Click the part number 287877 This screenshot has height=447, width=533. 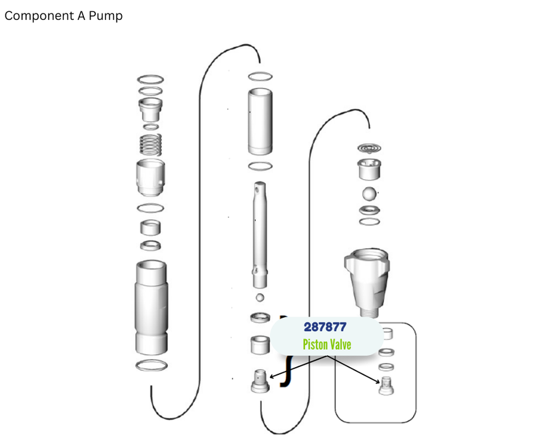(325, 327)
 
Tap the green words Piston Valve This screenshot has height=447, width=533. (327, 344)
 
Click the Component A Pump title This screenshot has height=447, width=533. (63, 16)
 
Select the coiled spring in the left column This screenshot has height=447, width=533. (151, 145)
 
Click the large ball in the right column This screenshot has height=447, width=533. (369, 194)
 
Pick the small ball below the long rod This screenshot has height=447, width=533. (260, 297)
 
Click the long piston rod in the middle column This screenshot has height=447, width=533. (260, 235)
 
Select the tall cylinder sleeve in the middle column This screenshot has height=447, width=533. (260, 121)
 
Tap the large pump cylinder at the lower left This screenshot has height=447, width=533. (151, 308)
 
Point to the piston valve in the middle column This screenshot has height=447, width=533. (260, 382)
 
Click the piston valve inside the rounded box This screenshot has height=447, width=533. (386, 386)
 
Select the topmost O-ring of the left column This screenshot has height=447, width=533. (151, 80)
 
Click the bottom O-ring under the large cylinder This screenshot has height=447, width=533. (151, 366)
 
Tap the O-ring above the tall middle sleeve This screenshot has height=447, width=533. (260, 77)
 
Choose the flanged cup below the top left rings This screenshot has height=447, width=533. (151, 109)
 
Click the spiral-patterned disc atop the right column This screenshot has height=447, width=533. (369, 148)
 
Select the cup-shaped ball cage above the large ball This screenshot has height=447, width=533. (369, 169)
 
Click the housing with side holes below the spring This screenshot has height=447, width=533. (151, 177)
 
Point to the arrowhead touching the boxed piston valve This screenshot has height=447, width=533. (378, 382)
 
